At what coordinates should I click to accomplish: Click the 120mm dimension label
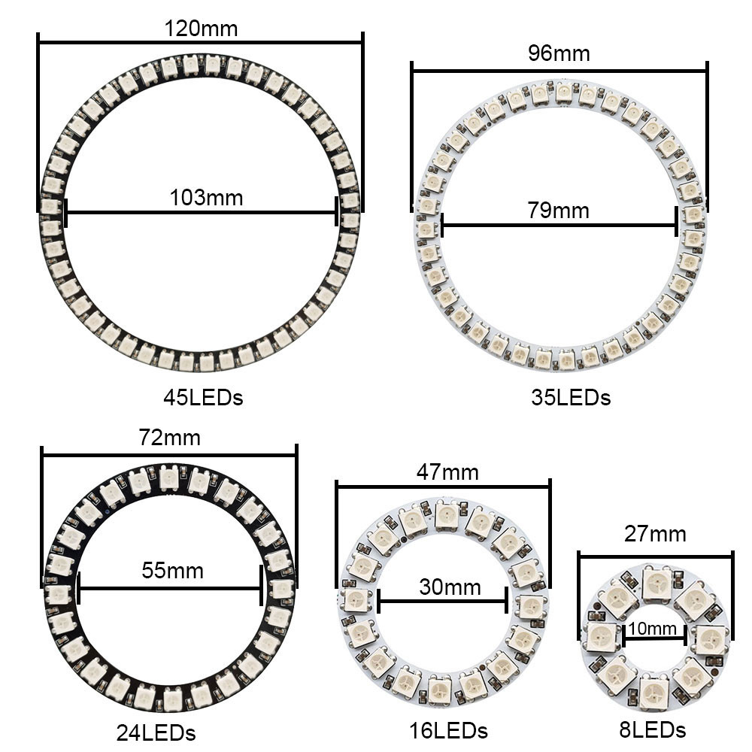tap(201, 29)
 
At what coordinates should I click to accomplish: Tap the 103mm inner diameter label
tap(206, 198)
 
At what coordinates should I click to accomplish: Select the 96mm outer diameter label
tap(559, 53)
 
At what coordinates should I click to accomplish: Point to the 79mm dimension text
tap(558, 211)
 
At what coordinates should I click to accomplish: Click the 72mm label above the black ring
tap(170, 438)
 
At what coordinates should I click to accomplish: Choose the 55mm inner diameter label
tap(173, 571)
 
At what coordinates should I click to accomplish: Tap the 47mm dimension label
tap(447, 472)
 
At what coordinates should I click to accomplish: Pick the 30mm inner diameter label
tap(450, 587)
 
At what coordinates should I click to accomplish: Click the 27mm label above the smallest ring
tap(655, 534)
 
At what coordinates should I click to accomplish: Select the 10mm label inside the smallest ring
tap(652, 628)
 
